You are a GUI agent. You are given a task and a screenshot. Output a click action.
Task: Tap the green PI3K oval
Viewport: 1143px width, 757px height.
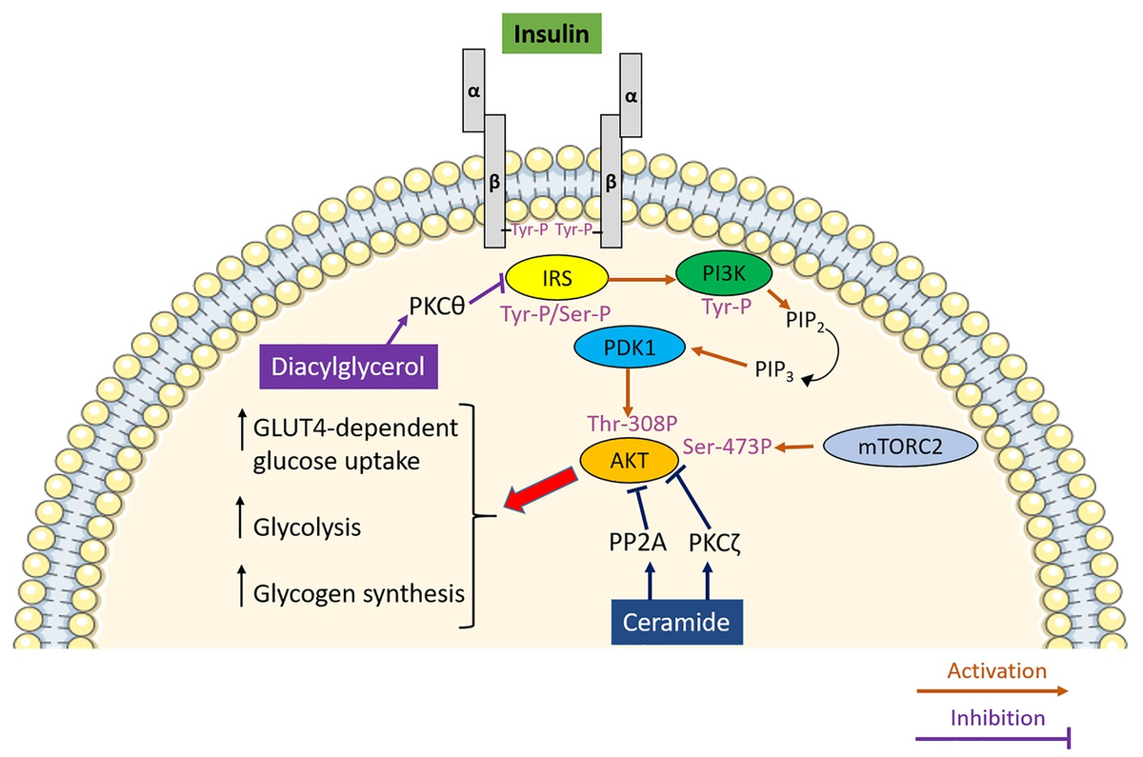(x=723, y=275)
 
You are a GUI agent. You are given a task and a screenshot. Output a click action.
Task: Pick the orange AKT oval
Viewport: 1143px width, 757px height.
(x=617, y=460)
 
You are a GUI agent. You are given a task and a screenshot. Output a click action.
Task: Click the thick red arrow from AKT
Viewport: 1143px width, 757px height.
(x=539, y=488)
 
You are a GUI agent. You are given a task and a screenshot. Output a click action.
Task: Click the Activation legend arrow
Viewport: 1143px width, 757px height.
(x=991, y=692)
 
